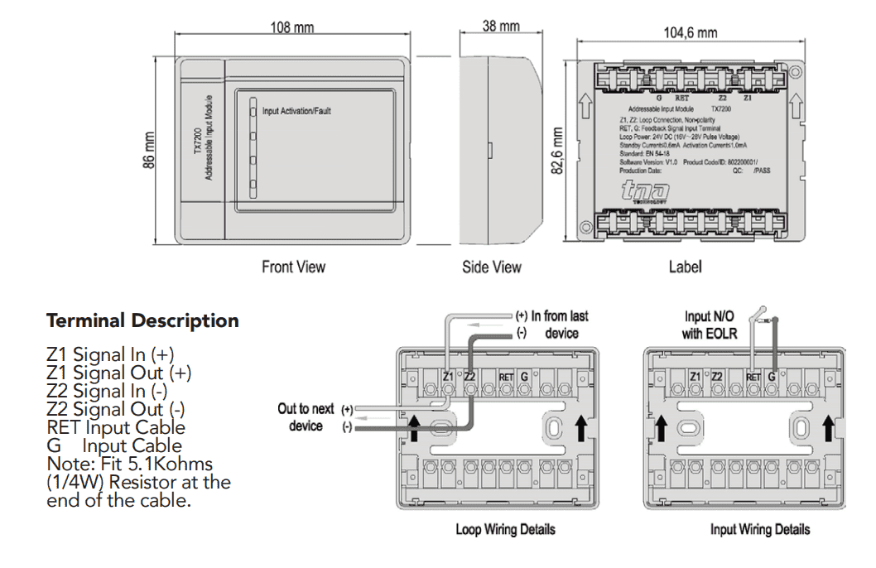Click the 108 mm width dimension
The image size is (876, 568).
[292, 26]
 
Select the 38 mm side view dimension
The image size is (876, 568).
[501, 26]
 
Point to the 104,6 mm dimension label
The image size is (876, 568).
[690, 32]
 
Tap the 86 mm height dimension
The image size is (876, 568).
[150, 151]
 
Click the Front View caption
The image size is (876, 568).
[293, 267]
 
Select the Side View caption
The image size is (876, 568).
[492, 267]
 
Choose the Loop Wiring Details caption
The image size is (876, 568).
[505, 529]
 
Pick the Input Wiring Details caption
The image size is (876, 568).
[759, 529]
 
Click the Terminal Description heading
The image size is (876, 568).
[142, 320]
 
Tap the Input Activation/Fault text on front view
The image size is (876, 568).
[296, 110]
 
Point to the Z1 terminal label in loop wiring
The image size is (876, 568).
[448, 377]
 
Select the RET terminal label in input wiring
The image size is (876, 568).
[753, 378]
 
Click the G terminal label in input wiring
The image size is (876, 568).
[771, 377]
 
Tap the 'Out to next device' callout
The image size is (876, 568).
[306, 417]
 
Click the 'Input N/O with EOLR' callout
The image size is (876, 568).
[709, 325]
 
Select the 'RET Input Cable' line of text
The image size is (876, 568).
[116, 427]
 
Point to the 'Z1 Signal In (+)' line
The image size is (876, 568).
[110, 354]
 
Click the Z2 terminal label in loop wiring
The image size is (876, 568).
[469, 377]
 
